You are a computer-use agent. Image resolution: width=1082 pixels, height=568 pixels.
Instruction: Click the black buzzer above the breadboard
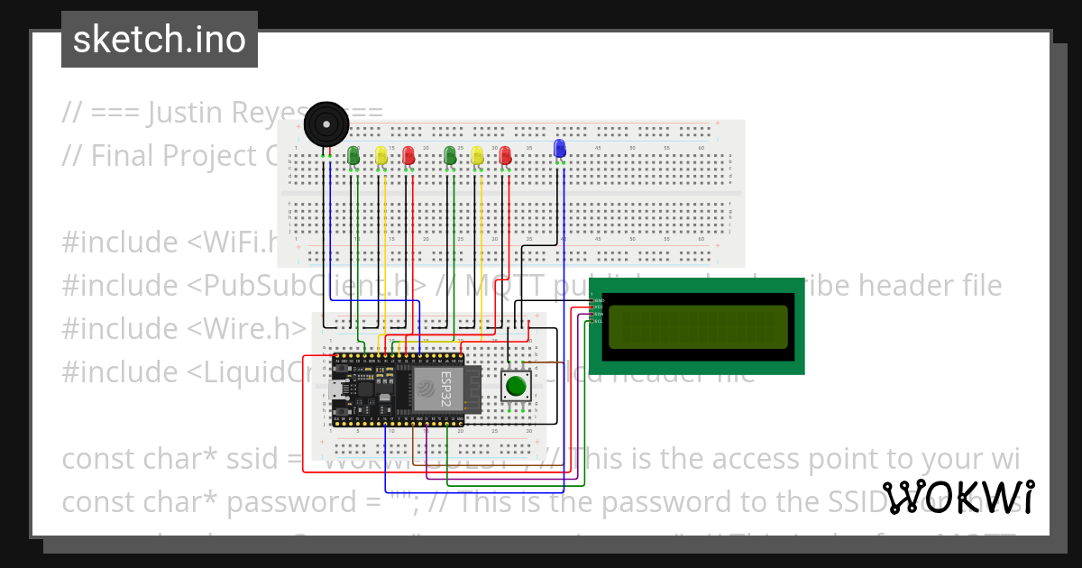pos(324,123)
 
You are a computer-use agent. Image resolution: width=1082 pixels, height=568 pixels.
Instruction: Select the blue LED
pos(559,149)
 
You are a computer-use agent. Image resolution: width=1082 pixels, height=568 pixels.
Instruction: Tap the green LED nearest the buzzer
pos(353,156)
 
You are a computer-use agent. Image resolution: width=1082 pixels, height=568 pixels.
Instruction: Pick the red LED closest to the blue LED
pos(505,156)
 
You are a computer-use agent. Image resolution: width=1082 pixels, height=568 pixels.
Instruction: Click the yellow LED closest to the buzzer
pos(381,156)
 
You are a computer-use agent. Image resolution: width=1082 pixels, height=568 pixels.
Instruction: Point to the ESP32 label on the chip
pos(445,389)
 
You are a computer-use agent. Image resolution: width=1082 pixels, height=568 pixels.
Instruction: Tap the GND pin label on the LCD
pos(599,299)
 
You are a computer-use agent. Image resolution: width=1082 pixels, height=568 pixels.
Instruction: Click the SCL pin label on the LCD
pos(599,321)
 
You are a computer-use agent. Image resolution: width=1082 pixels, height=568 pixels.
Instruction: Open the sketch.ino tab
pos(160,40)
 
